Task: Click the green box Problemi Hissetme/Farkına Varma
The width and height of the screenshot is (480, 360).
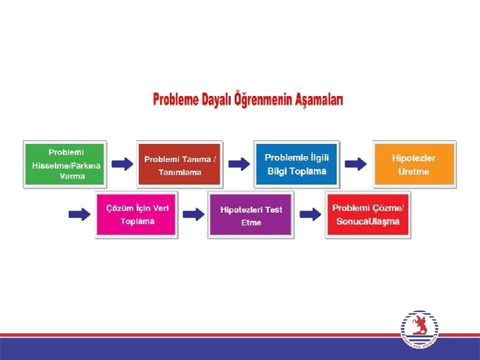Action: tap(64, 164)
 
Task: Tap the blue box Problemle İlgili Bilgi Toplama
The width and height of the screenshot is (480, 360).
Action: tap(296, 164)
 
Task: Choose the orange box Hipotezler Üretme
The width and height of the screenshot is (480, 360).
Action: tap(414, 164)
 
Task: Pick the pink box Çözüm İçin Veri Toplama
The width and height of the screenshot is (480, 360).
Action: tap(137, 214)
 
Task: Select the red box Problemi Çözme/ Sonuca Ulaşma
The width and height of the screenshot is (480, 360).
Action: tap(368, 214)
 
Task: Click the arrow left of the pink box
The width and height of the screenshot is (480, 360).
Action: tap(79, 214)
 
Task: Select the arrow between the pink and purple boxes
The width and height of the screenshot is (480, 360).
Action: tap(194, 214)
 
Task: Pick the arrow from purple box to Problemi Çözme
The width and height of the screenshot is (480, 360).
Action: tap(309, 214)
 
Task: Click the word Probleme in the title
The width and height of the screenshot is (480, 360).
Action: tap(175, 101)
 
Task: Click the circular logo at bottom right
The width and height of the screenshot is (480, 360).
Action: tap(419, 329)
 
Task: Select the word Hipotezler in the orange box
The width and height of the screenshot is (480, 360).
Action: tap(414, 158)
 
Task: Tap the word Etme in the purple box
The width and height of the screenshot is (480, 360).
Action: tap(251, 223)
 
